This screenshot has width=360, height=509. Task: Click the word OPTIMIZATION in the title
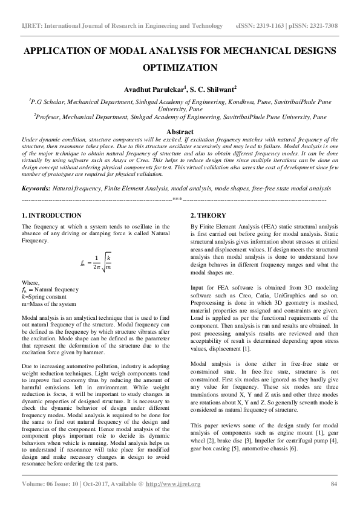[x=180, y=68]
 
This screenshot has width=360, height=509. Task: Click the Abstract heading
[x=180, y=132]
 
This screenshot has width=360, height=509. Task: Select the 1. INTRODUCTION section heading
[x=51, y=216]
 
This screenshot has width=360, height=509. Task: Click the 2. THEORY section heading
[x=209, y=216]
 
